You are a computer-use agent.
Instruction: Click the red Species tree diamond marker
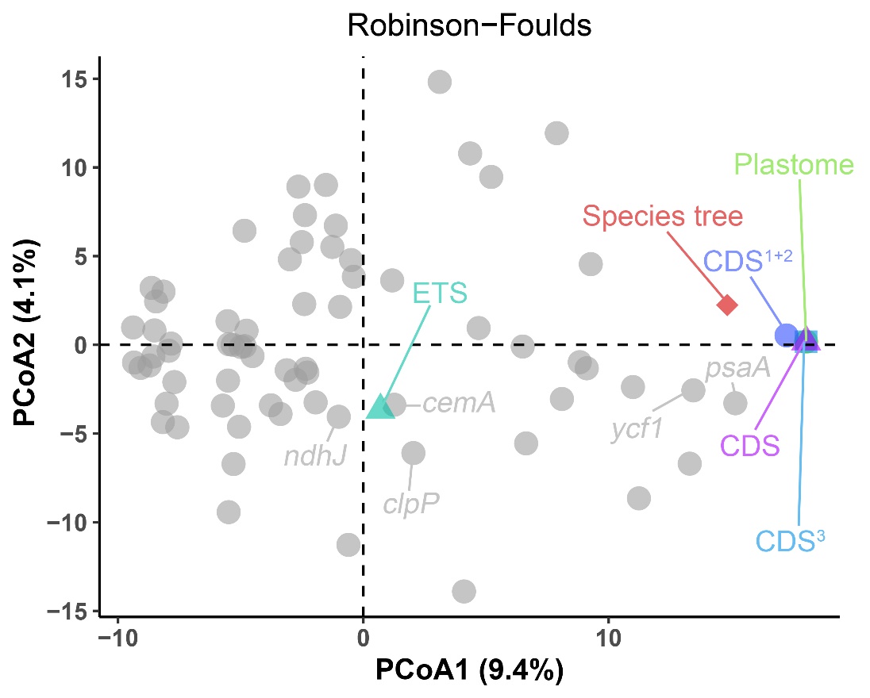(727, 305)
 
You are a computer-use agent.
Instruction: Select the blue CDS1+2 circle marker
(787, 335)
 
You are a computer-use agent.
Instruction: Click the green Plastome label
(794, 165)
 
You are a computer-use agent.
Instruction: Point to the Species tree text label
(663, 215)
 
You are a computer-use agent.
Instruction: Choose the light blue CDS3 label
(791, 541)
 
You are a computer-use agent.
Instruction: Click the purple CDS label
(750, 445)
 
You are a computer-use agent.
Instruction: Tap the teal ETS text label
(440, 293)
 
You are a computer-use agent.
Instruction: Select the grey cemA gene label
(459, 404)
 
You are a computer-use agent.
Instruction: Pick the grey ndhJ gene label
(316, 456)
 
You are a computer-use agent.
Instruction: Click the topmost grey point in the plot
(440, 81)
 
